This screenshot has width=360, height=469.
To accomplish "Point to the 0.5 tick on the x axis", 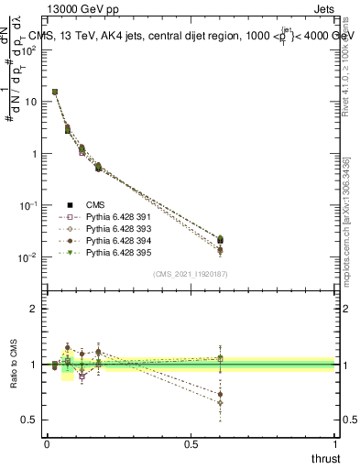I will [x=190, y=443].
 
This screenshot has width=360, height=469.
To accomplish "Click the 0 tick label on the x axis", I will [x=47, y=443].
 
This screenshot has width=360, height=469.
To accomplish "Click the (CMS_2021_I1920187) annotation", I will [x=190, y=274].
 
